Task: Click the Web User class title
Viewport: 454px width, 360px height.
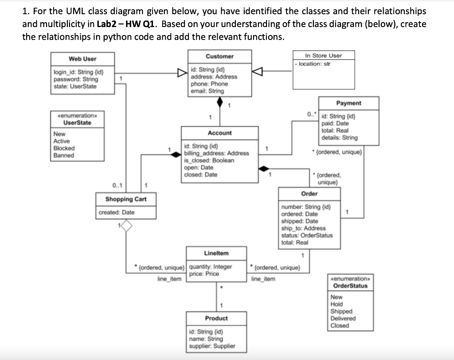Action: coord(82,59)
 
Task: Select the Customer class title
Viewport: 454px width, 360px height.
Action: coord(219,56)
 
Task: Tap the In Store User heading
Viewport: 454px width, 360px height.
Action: coord(324,55)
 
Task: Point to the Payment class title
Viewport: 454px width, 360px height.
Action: coord(348,103)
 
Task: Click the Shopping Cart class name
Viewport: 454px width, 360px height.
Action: coord(126,199)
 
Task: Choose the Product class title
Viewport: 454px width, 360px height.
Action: coord(216,318)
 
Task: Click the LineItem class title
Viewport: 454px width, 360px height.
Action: coord(216,253)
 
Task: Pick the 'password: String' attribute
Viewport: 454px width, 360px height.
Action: coord(75,79)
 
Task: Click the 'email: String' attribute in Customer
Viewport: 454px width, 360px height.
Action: coord(207,91)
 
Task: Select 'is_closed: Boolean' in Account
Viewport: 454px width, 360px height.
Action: coord(209,160)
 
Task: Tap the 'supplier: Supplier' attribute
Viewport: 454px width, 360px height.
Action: coord(212,346)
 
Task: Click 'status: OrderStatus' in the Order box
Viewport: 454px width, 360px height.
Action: coord(307,235)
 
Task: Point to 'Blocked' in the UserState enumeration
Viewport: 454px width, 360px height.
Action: coord(64,148)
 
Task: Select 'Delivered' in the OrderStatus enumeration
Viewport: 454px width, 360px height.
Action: coord(343,318)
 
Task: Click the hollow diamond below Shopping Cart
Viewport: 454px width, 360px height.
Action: coord(127,227)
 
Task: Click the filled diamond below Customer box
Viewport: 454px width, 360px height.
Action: coord(219,102)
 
